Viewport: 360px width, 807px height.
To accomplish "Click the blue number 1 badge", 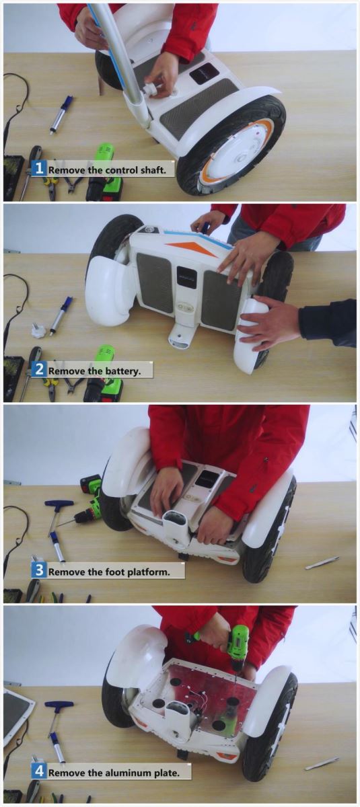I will pyautogui.click(x=39, y=168).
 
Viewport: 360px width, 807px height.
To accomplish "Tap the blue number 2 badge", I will pyautogui.click(x=39, y=369).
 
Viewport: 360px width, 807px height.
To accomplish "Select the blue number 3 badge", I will pyautogui.click(x=39, y=570).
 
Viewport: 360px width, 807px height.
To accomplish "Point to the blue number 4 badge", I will pyautogui.click(x=39, y=772).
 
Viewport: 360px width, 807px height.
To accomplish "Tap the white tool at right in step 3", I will pyautogui.click(x=322, y=563).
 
